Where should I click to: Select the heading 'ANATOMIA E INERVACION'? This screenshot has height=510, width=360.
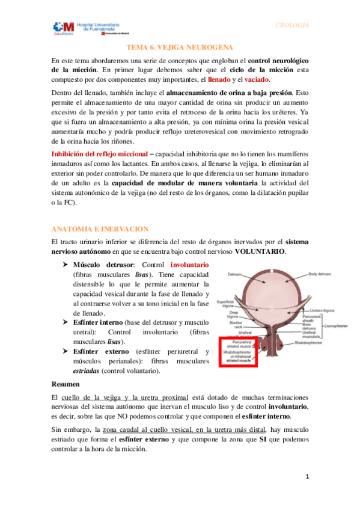pos(92,229)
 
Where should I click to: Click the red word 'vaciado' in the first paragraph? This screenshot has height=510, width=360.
pos(257,80)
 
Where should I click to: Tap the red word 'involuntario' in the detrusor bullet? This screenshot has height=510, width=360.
pos(190,264)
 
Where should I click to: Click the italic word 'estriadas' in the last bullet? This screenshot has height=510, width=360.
pos(81,371)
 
